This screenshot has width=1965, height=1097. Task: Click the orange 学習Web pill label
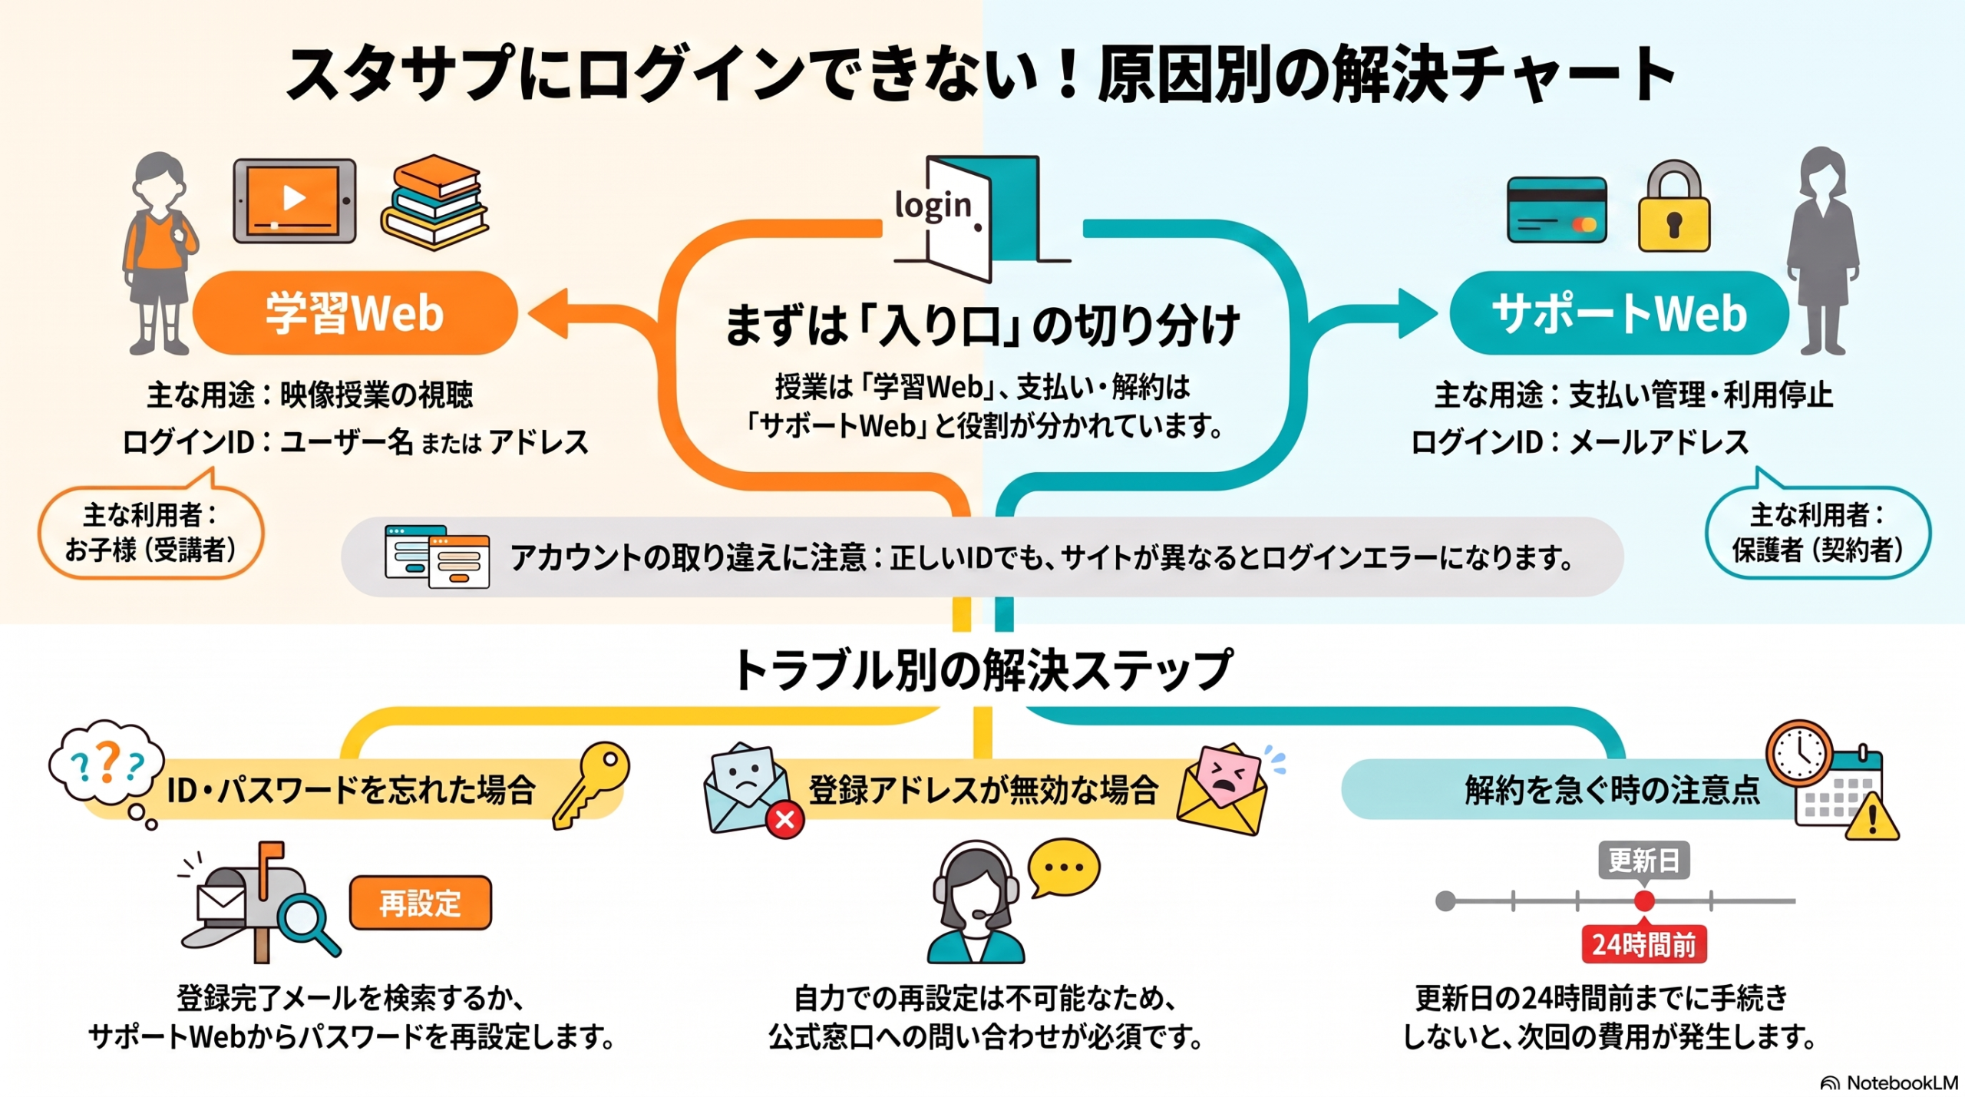pos(355,312)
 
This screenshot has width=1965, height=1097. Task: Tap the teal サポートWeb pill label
pos(1620,312)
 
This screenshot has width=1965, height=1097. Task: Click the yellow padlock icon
pos(1674,207)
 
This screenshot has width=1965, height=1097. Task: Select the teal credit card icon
pos(1557,210)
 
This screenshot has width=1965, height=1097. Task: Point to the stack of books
pos(434,202)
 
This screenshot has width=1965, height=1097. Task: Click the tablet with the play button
pos(295,200)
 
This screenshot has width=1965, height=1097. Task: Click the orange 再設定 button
pos(421,903)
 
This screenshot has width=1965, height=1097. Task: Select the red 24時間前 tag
pos(1644,944)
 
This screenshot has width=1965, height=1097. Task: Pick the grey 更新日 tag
pos(1644,861)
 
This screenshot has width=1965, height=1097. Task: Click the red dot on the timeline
pos(1644,900)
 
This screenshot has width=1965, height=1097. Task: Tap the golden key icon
pos(591,785)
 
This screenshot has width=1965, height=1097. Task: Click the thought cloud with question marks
pos(107,762)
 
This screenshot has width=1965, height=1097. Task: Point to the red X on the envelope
pos(784,820)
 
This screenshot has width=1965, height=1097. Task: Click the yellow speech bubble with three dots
pos(1064,867)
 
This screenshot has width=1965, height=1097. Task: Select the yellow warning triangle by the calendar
pos(1872,817)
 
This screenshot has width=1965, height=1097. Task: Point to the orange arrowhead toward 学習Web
pos(548,313)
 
